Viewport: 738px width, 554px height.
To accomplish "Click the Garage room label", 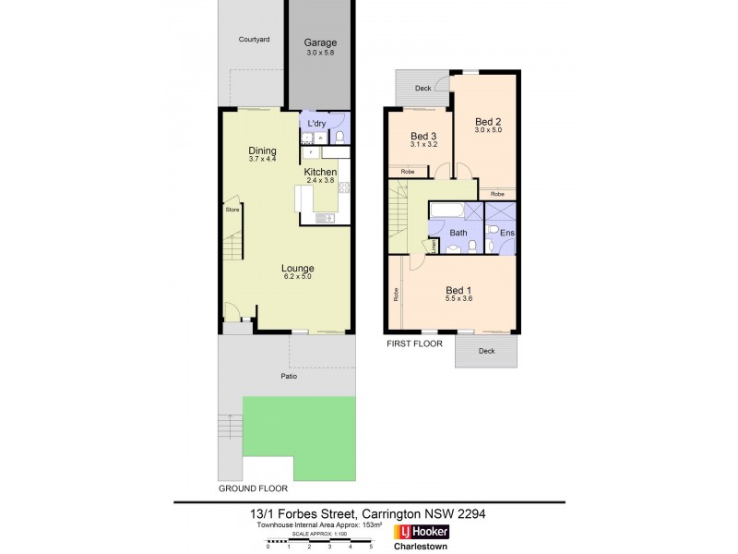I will tap(321, 42).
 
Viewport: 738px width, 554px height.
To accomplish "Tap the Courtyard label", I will tap(253, 40).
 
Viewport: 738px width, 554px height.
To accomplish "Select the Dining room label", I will tap(262, 151).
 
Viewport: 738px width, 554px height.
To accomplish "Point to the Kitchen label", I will tap(320, 173).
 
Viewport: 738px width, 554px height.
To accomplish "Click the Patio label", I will tap(289, 377).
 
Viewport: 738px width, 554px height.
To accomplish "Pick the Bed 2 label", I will tap(487, 121).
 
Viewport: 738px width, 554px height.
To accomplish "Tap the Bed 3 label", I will tap(423, 136).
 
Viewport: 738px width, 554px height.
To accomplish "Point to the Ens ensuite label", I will tap(506, 233).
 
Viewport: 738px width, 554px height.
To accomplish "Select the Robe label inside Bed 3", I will tap(406, 172).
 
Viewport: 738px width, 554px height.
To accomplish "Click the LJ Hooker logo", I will tap(422, 533).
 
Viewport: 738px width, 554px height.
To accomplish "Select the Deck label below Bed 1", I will tap(486, 350).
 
